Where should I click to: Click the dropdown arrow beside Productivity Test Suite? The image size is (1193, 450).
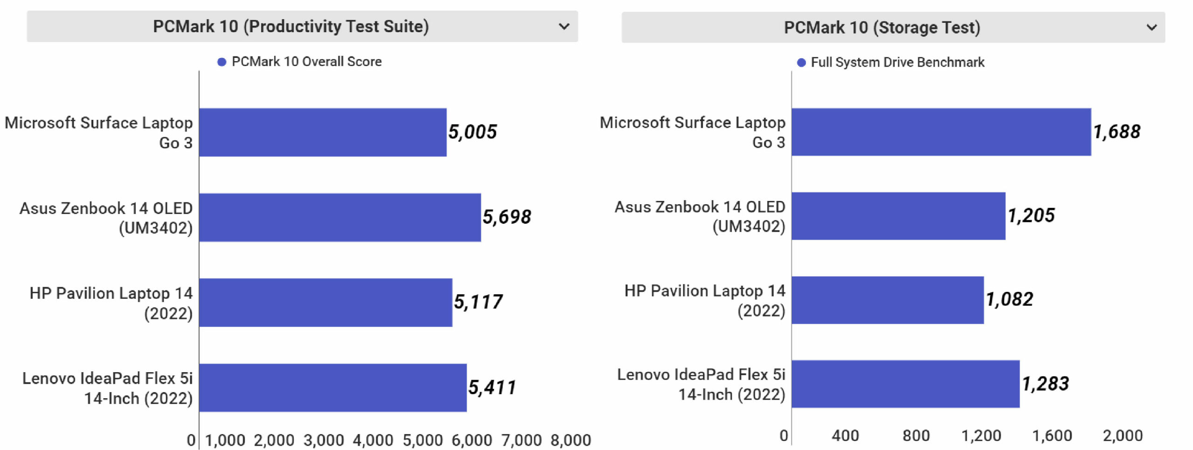click(564, 27)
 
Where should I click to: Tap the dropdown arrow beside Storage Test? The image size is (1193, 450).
click(1152, 28)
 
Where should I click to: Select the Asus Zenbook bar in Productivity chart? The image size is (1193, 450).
click(340, 217)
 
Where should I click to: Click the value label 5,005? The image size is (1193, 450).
click(472, 132)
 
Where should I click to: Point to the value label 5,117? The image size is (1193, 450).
click(478, 302)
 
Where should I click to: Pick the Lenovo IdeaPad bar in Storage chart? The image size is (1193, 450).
click(905, 384)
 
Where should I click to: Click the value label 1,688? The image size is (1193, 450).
click(1117, 132)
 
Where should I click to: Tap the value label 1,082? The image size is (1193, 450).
click(1009, 299)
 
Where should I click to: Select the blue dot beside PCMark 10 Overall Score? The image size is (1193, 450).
click(222, 62)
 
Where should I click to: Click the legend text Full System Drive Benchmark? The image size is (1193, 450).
click(897, 62)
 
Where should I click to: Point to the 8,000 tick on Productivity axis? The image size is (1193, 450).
click(570, 440)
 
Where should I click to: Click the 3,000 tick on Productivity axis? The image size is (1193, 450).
click(323, 440)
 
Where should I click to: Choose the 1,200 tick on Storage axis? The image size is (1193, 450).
click(981, 436)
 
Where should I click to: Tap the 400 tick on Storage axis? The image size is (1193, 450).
click(845, 436)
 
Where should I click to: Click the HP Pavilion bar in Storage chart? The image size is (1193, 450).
click(887, 300)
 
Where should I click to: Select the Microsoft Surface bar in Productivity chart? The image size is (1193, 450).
click(322, 132)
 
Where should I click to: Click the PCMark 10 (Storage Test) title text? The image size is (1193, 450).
click(882, 28)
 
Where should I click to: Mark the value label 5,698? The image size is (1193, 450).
click(507, 217)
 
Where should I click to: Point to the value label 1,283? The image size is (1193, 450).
click(1045, 384)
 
